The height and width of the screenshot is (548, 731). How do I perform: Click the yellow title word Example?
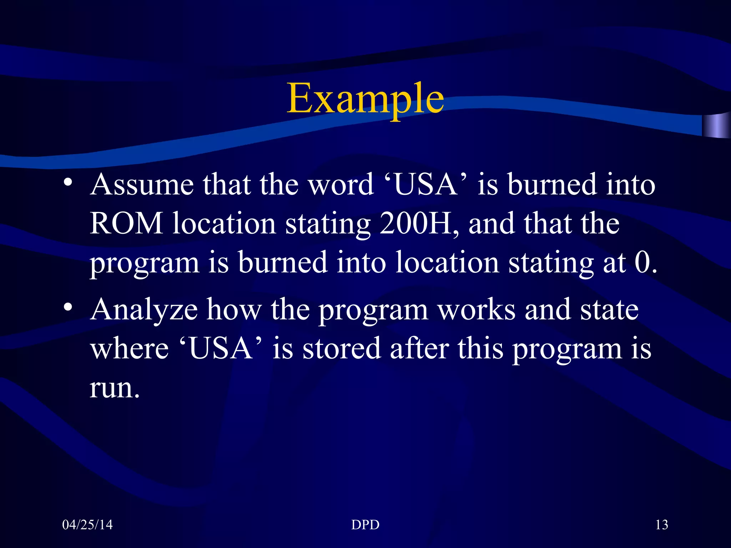pyautogui.click(x=365, y=98)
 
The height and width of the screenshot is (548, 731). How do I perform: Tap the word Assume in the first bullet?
pyautogui.click(x=142, y=184)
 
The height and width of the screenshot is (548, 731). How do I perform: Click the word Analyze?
pyautogui.click(x=144, y=310)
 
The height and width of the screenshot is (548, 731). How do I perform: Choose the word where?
pyautogui.click(x=129, y=349)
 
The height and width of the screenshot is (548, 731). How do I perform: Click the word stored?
pyautogui.click(x=342, y=349)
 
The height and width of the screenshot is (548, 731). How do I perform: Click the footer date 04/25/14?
pyautogui.click(x=87, y=524)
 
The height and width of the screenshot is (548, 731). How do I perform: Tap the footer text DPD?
pyautogui.click(x=365, y=524)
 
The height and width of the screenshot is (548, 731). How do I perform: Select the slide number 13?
pyautogui.click(x=661, y=524)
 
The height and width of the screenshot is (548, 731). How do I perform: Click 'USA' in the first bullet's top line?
pyautogui.click(x=426, y=184)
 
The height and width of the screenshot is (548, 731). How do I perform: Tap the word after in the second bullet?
pyautogui.click(x=419, y=349)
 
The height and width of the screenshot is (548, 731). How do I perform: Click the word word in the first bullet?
pyautogui.click(x=341, y=184)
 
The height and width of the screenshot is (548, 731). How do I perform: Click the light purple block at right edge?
pyautogui.click(x=716, y=126)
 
